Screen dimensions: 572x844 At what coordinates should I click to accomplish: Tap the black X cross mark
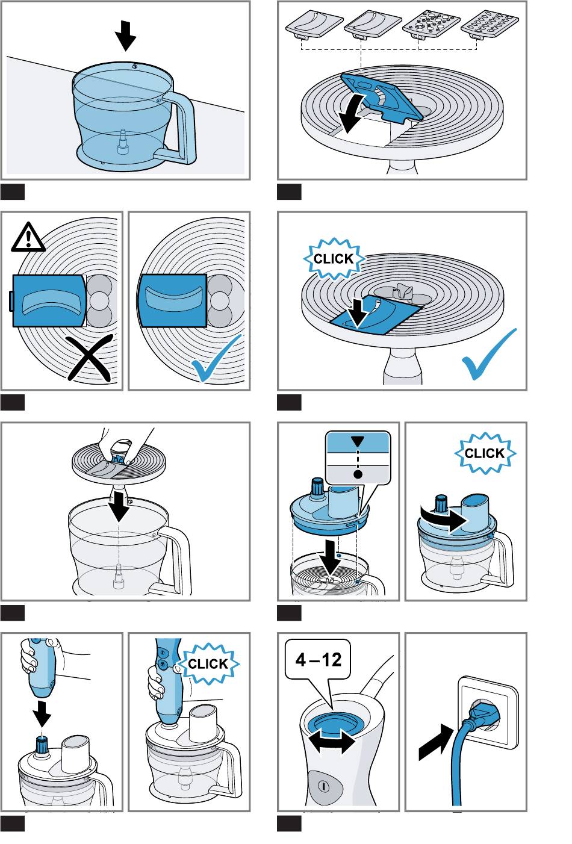[90, 358]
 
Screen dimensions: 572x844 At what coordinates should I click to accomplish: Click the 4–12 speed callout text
[318, 659]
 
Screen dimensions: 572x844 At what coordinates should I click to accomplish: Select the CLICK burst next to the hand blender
[208, 664]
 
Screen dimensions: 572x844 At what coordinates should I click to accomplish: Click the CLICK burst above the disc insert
[334, 259]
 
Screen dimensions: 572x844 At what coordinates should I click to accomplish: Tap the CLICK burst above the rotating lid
[484, 453]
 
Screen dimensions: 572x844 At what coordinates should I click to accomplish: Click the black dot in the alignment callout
[358, 474]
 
